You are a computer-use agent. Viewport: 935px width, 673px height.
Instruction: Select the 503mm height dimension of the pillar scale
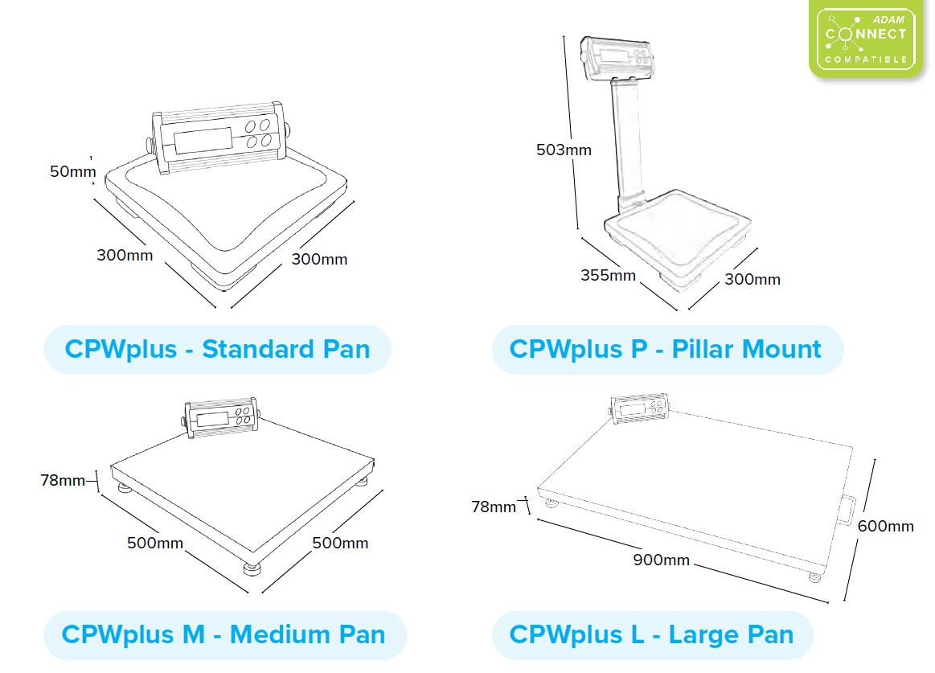(x=564, y=150)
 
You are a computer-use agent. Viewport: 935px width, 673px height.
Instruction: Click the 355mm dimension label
(x=608, y=276)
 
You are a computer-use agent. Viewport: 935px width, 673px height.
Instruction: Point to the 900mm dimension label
(x=661, y=560)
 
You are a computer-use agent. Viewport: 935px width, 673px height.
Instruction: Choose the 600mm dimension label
(x=885, y=526)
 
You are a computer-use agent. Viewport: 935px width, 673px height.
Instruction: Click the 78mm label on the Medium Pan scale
(x=63, y=481)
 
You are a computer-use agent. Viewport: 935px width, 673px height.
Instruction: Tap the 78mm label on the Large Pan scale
(x=494, y=507)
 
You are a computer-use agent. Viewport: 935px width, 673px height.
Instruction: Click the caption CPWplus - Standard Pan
(x=217, y=350)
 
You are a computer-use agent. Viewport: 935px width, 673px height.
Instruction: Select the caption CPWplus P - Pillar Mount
(x=666, y=350)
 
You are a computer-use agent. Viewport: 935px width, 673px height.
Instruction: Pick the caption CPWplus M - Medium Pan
(x=223, y=634)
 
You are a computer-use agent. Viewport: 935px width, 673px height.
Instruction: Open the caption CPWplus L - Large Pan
(x=652, y=634)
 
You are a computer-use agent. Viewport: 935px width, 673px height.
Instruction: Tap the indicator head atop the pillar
(x=620, y=57)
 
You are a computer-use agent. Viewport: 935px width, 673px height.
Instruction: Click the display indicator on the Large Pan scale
(x=640, y=408)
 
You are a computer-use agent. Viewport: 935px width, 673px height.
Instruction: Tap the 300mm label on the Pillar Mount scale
(x=753, y=279)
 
